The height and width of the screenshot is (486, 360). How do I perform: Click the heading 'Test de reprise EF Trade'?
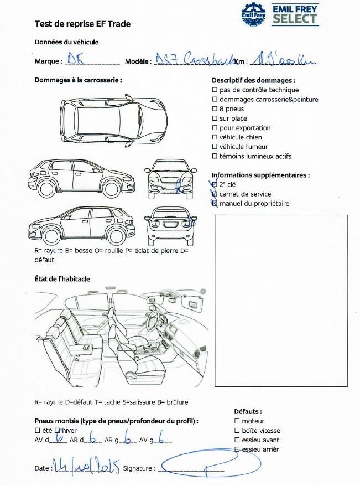pos(82,24)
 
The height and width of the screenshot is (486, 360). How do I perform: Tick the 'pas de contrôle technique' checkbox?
pos(215,90)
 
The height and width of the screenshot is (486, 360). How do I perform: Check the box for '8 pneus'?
pos(215,109)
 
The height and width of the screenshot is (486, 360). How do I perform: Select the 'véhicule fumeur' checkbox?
pos(215,147)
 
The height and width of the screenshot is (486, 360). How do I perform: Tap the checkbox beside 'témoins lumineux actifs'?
pos(215,156)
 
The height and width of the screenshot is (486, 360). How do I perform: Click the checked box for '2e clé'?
pos(215,184)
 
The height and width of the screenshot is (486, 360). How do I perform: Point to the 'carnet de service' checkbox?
pos(215,194)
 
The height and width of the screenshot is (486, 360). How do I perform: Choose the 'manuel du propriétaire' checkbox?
pos(215,203)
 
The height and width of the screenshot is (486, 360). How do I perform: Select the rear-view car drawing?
pos(171,224)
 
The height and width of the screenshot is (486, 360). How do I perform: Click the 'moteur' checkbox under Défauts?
pos(237,421)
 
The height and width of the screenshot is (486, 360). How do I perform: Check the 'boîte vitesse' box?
pos(237,431)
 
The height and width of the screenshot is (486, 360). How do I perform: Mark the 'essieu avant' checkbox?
pos(237,440)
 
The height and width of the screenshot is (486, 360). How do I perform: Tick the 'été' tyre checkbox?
pos(38,430)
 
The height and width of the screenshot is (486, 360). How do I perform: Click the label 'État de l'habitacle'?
pos(62,279)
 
